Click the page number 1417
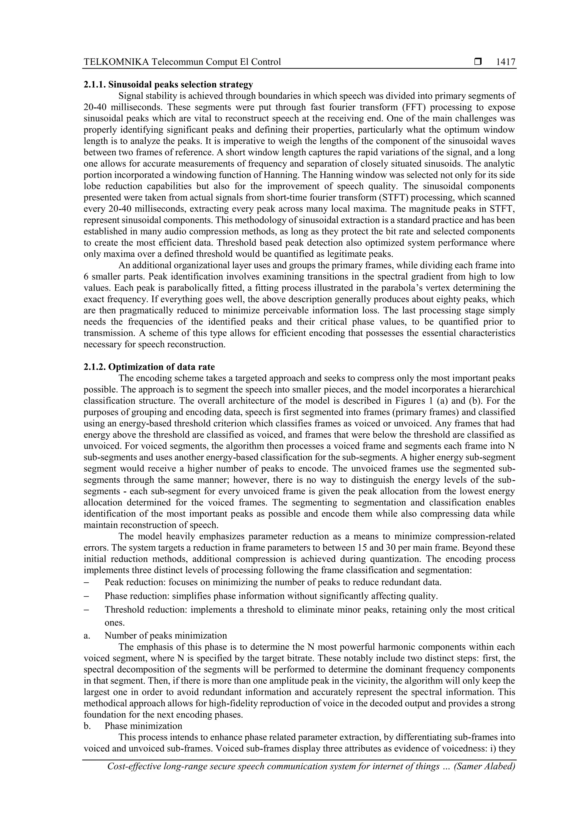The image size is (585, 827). point(505,62)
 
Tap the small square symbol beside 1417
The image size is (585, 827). point(478,62)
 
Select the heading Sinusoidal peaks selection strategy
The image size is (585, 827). point(181,85)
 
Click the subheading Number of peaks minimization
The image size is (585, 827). point(166,635)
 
